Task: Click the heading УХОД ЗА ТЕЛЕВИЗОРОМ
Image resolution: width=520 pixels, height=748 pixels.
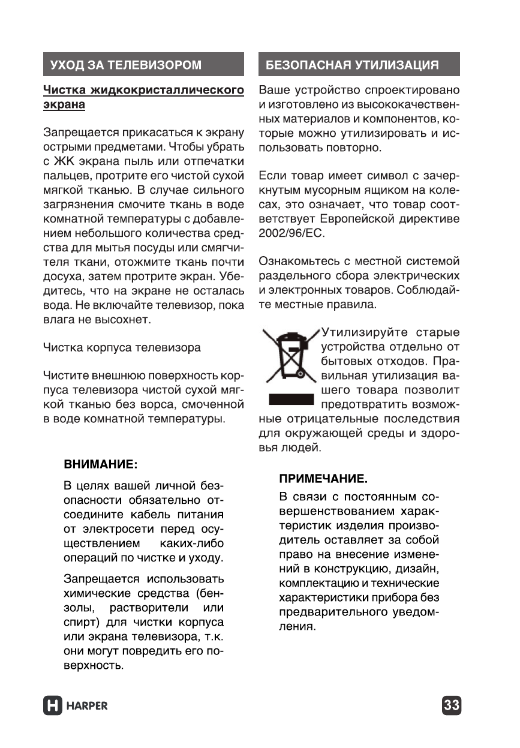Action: (126, 65)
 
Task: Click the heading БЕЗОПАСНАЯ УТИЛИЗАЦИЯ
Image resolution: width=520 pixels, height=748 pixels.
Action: (352, 65)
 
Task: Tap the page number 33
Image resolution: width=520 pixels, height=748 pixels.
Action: (452, 705)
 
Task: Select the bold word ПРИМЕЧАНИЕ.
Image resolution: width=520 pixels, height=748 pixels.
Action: (323, 479)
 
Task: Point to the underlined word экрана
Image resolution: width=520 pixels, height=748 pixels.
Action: (64, 105)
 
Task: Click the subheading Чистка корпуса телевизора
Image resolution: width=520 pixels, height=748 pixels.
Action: (122, 347)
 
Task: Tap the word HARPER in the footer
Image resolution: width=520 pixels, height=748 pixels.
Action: (88, 705)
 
